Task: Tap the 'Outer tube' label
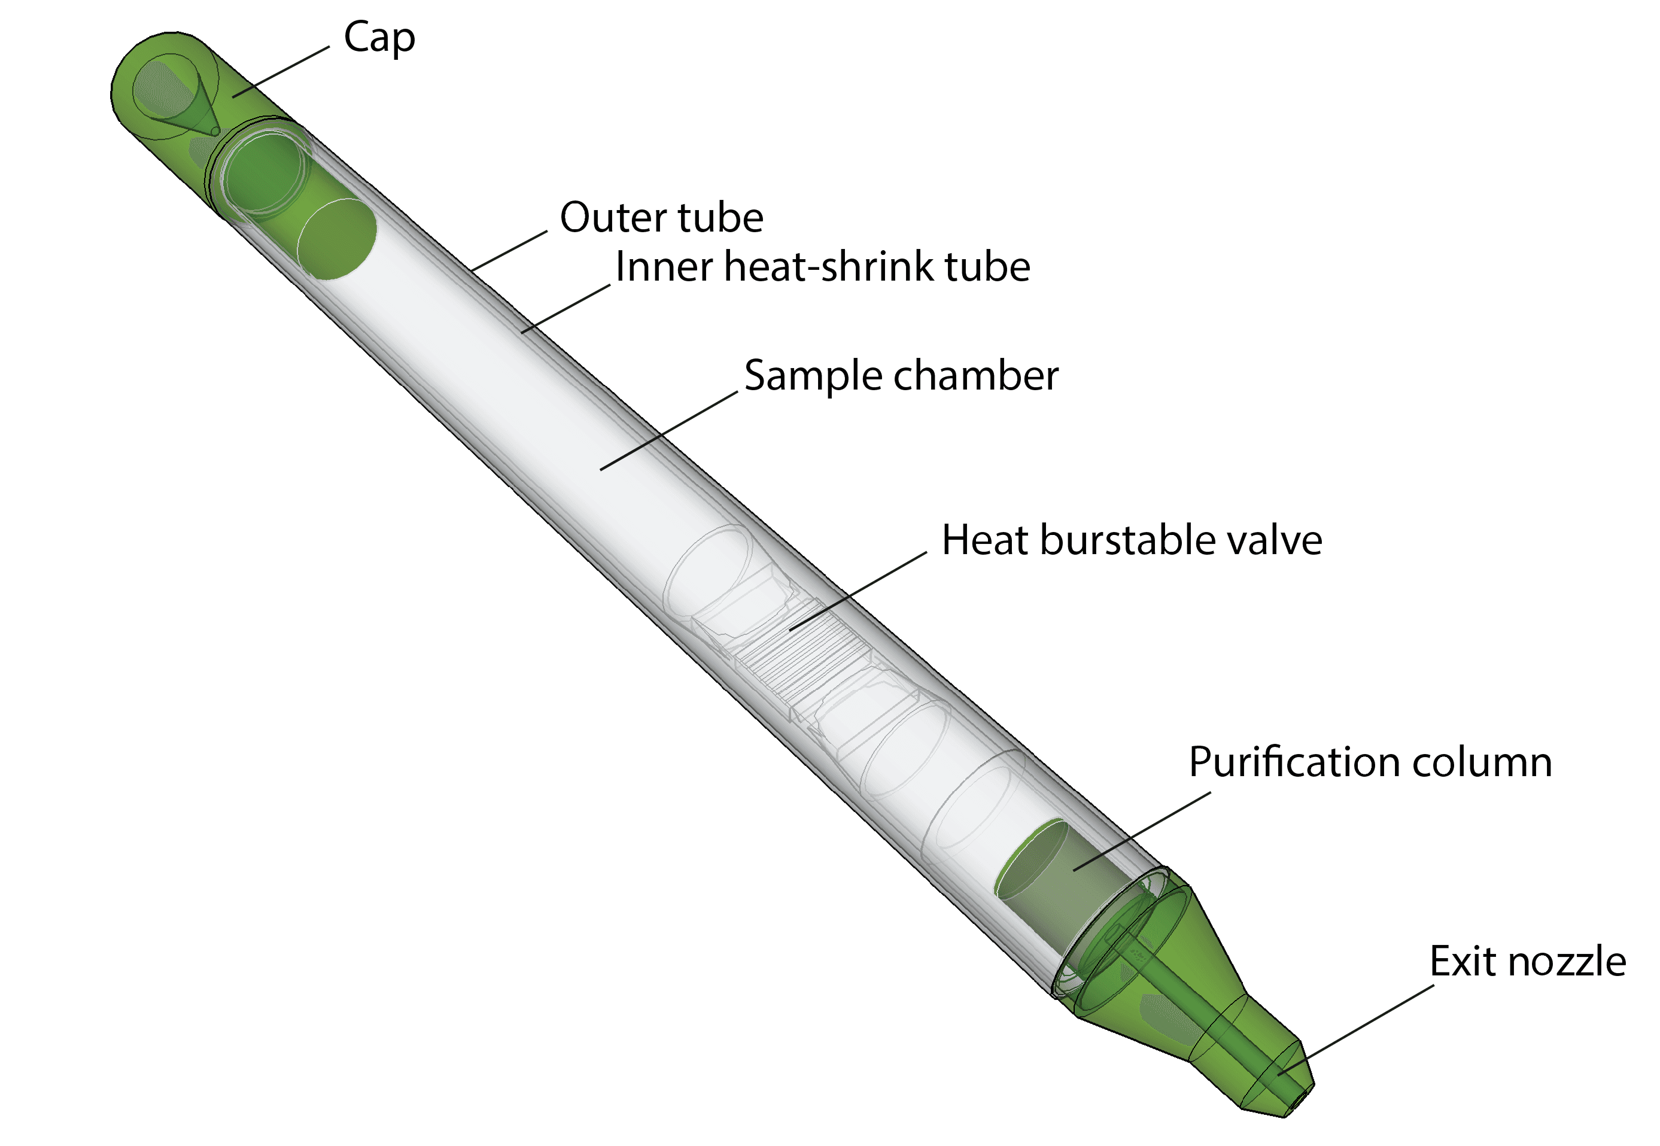coord(661,218)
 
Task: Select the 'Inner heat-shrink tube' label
coord(823,267)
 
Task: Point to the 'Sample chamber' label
coord(901,376)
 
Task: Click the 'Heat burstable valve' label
coord(1132,540)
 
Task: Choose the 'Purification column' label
coord(1370,762)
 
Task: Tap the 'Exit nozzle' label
coord(1527,962)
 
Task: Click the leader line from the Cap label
coord(281,72)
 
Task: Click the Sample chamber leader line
coord(668,431)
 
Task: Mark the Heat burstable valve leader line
coord(858,592)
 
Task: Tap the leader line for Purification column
coord(1142,831)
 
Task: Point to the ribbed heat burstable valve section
coord(804,653)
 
